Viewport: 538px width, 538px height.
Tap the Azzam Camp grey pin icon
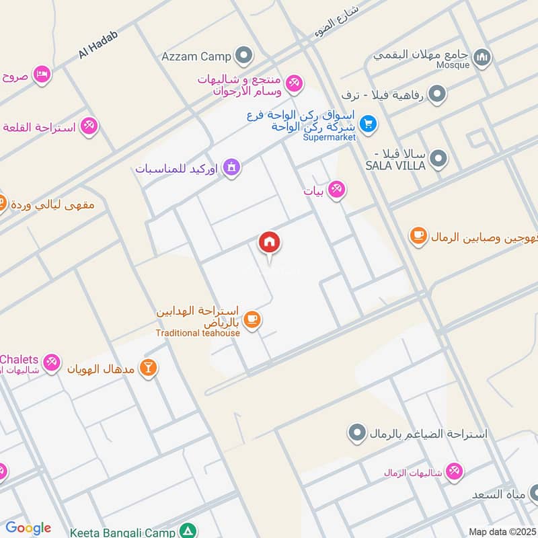(244, 56)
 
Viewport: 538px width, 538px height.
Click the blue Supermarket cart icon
(367, 124)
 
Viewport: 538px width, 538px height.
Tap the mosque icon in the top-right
(482, 59)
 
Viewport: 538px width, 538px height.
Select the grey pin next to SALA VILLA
(438, 159)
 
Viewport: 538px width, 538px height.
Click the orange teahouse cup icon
(252, 319)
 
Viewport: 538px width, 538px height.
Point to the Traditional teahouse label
(197, 333)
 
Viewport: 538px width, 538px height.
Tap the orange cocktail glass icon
(149, 367)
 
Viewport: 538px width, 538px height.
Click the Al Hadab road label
(98, 44)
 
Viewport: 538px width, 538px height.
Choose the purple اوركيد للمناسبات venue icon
(231, 167)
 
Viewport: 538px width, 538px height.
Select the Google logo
(28, 528)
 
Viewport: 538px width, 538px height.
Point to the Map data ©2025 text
(502, 531)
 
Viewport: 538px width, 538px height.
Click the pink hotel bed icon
(42, 75)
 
